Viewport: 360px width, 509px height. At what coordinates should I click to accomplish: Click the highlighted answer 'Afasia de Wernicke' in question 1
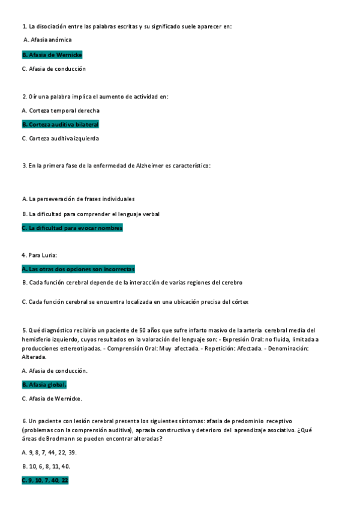tap(52, 55)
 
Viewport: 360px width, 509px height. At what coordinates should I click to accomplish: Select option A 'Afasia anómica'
tap(47, 40)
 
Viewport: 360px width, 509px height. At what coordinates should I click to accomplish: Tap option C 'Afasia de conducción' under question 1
tap(53, 69)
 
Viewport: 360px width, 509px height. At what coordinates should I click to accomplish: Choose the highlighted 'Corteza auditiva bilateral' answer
tap(60, 124)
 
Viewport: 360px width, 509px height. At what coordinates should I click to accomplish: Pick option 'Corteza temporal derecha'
tap(61, 110)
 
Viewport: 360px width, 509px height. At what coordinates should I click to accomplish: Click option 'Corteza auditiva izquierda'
tap(60, 139)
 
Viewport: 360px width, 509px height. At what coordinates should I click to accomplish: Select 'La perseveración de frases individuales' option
tap(78, 199)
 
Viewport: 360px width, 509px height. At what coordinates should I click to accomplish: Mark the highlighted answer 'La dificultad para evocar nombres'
tap(72, 228)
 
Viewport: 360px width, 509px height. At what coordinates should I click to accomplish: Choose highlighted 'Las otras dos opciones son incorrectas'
tap(78, 269)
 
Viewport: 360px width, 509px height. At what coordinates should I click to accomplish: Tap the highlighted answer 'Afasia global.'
tap(44, 385)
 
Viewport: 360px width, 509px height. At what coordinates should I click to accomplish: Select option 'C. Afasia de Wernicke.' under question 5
tap(52, 399)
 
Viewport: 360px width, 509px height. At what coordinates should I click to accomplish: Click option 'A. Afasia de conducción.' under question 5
tap(55, 370)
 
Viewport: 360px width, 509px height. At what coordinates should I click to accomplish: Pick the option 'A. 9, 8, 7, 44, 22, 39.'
tap(49, 452)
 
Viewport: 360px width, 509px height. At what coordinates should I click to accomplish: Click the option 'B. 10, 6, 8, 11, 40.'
tap(46, 466)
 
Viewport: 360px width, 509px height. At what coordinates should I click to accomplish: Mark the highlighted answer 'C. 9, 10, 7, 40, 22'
tap(45, 481)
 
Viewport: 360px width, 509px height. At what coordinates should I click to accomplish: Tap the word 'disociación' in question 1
tap(52, 26)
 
